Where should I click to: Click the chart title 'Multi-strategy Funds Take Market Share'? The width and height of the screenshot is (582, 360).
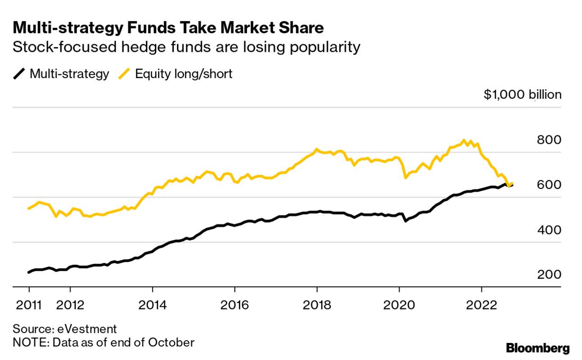tap(168, 28)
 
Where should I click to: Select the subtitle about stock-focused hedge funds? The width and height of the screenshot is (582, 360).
tap(186, 47)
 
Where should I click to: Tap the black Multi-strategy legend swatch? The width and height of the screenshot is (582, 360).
tap(19, 74)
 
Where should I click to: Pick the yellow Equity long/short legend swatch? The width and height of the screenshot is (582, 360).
tap(124, 74)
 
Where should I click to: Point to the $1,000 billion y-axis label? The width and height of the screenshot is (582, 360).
tap(522, 95)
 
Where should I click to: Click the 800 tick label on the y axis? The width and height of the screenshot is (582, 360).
tap(549, 140)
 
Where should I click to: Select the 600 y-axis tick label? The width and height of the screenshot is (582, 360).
tap(549, 185)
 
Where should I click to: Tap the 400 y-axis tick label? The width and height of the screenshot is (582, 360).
tap(549, 230)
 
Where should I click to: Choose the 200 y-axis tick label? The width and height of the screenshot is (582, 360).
tap(549, 275)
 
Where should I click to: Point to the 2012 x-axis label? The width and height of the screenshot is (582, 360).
tap(70, 305)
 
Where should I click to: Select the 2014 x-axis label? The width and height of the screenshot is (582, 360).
tap(153, 305)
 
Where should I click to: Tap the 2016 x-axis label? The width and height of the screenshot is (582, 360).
tap(235, 305)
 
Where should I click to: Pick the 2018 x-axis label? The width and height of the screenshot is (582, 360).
tap(317, 305)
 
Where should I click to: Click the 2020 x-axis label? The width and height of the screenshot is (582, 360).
tap(399, 305)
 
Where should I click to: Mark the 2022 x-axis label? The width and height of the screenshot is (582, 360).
tap(481, 305)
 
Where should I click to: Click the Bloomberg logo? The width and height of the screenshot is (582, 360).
tap(538, 348)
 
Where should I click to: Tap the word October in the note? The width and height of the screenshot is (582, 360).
tap(172, 342)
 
